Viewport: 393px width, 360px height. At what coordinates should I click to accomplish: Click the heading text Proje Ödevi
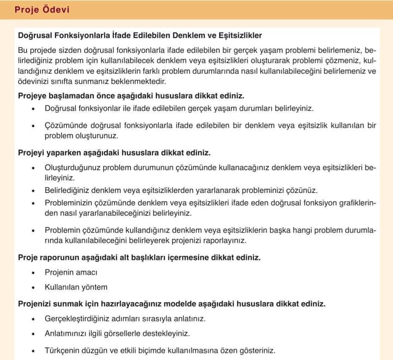click(41, 10)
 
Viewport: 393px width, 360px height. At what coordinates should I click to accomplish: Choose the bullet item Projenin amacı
click(71, 272)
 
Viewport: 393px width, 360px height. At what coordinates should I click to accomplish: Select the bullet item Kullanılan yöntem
click(76, 287)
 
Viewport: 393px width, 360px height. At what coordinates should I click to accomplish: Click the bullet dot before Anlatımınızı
click(33, 334)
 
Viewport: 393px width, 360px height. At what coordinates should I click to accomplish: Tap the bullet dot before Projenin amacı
click(33, 272)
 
